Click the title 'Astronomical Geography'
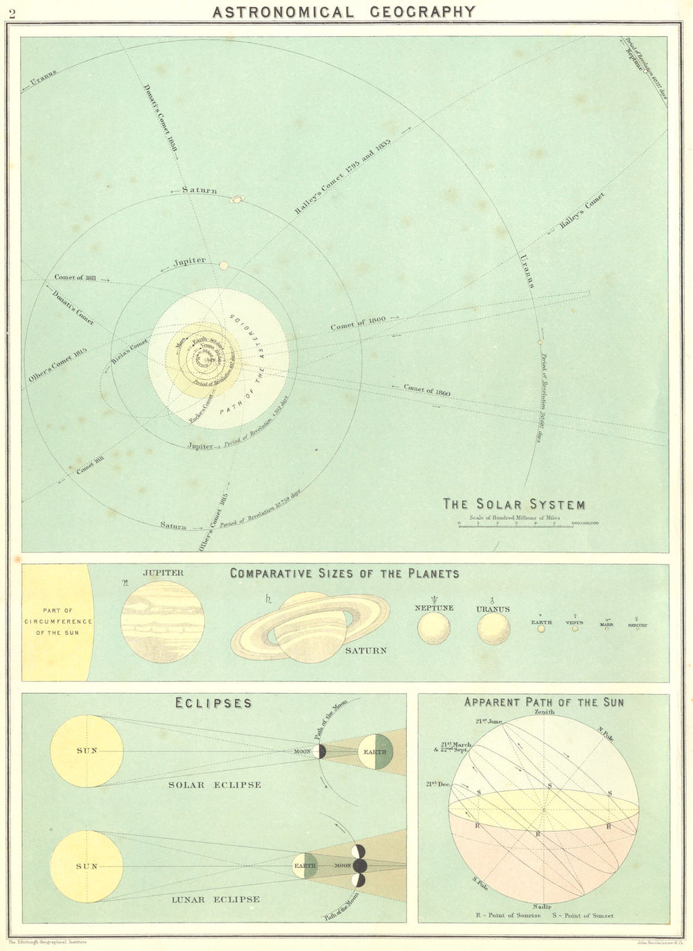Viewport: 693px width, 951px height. (344, 12)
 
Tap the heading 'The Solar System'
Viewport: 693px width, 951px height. (514, 505)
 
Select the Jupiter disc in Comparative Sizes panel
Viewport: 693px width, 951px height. (163, 622)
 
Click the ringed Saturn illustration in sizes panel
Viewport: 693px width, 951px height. (310, 626)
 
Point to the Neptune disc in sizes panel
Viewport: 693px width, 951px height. (434, 628)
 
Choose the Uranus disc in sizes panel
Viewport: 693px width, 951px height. (493, 629)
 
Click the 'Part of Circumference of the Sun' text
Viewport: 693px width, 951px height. (58, 622)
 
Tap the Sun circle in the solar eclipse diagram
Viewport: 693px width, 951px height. (87, 751)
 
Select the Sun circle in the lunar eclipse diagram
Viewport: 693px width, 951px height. (87, 866)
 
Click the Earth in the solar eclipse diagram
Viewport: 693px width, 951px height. (375, 751)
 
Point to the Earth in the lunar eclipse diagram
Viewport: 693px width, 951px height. (305, 866)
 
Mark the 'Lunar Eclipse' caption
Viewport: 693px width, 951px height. (215, 900)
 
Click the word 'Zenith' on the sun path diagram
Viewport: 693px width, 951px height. (545, 712)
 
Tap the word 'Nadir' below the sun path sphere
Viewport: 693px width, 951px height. (543, 906)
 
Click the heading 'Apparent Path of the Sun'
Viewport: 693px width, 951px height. (544, 702)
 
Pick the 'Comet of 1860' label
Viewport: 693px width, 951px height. (427, 390)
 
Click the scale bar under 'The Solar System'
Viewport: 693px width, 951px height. (514, 526)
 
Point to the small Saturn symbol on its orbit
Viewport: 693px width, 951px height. (237, 200)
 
